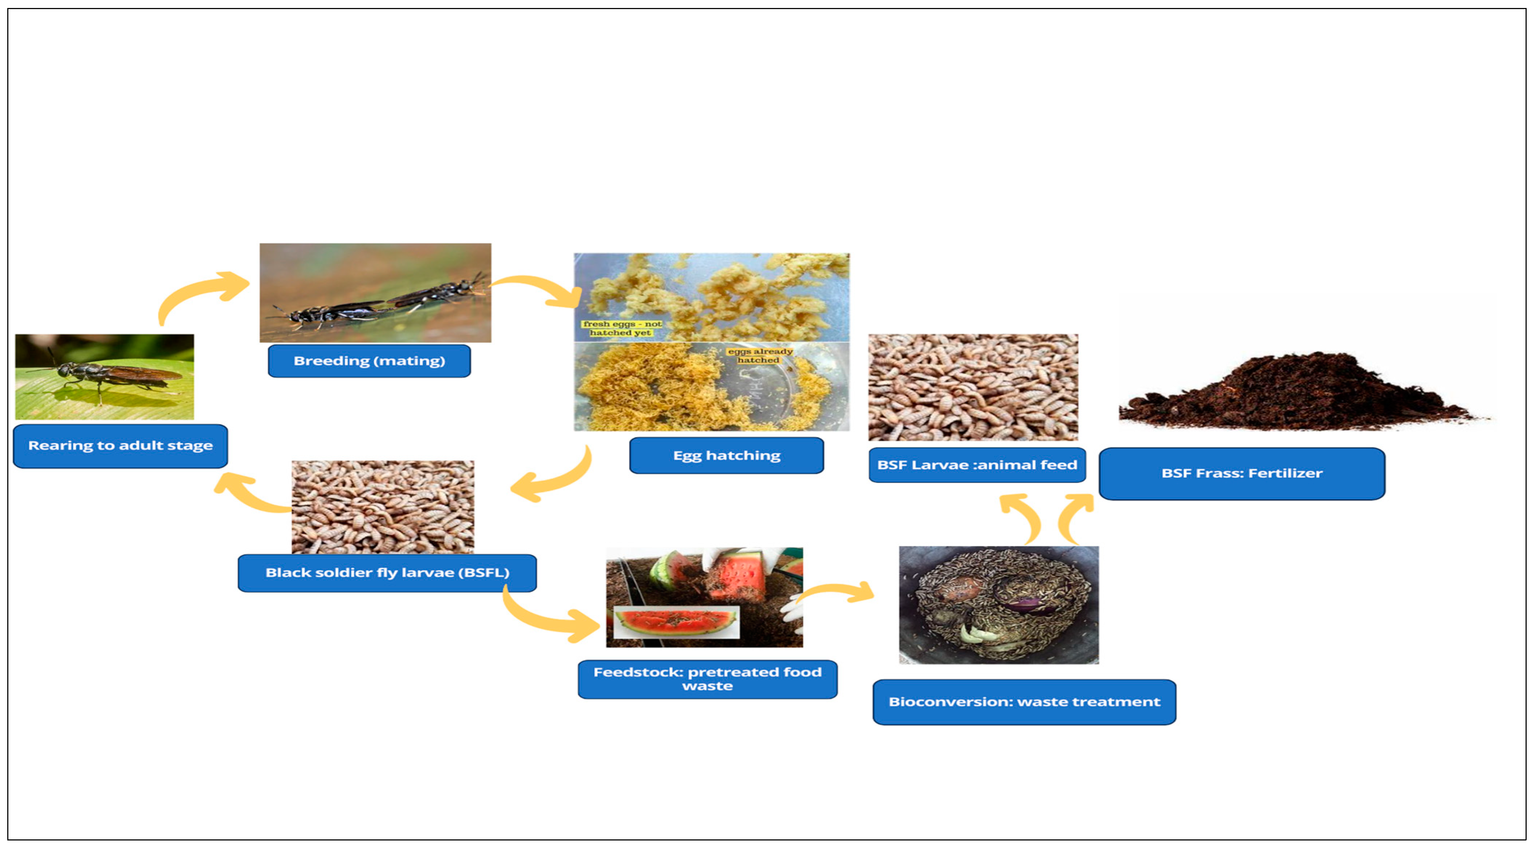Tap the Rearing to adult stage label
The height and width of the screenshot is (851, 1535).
[x=121, y=446]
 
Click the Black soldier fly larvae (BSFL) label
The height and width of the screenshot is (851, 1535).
[x=387, y=573]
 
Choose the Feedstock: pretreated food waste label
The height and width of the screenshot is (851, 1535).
[x=707, y=679]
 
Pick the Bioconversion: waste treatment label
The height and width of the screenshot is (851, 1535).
[x=1024, y=702]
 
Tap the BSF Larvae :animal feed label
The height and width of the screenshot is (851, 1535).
[x=977, y=465]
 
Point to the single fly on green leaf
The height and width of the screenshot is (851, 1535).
[x=104, y=376]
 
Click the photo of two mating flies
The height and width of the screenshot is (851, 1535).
[x=375, y=293]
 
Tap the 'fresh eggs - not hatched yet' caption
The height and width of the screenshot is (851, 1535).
[x=621, y=328]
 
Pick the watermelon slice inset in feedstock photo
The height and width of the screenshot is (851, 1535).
[x=676, y=623]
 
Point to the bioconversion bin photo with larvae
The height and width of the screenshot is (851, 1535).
[x=999, y=605]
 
